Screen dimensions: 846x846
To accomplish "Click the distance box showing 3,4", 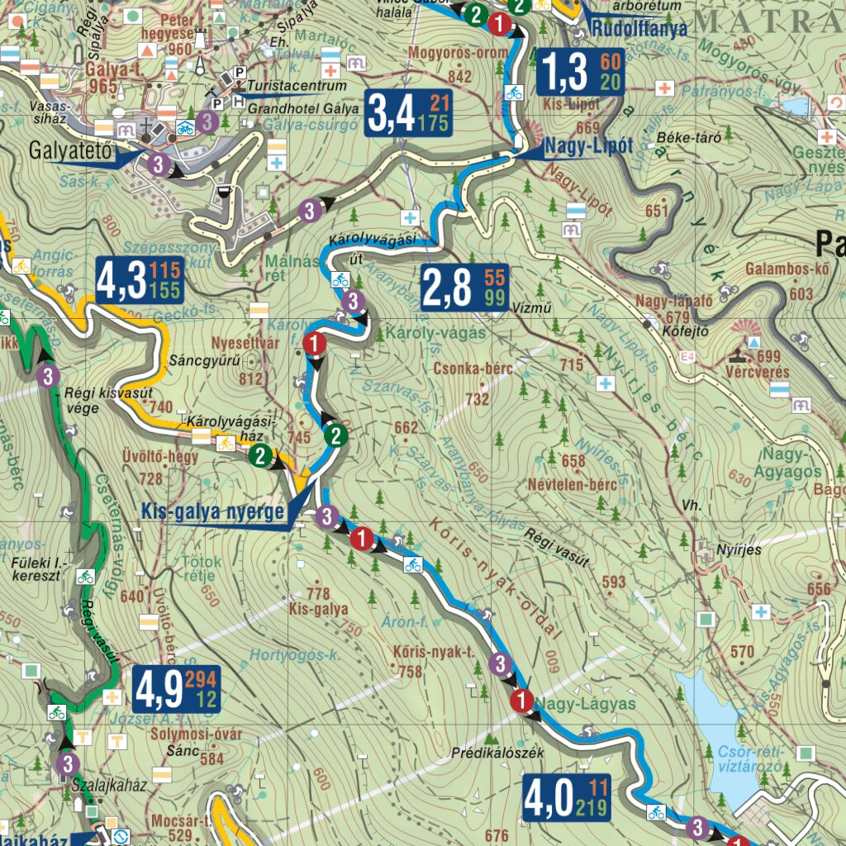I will tap(408, 114).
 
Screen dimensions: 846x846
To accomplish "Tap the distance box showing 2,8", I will tap(464, 288).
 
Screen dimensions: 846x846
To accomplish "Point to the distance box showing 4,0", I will tap(567, 798).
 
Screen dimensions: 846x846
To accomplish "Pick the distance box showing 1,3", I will tap(580, 72).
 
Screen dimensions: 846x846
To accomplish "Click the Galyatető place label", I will tap(69, 152).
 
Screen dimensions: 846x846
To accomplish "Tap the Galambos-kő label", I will tap(786, 269).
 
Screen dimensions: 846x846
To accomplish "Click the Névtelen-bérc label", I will tap(577, 484).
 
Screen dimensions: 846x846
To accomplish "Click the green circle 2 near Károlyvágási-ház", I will tap(261, 456).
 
